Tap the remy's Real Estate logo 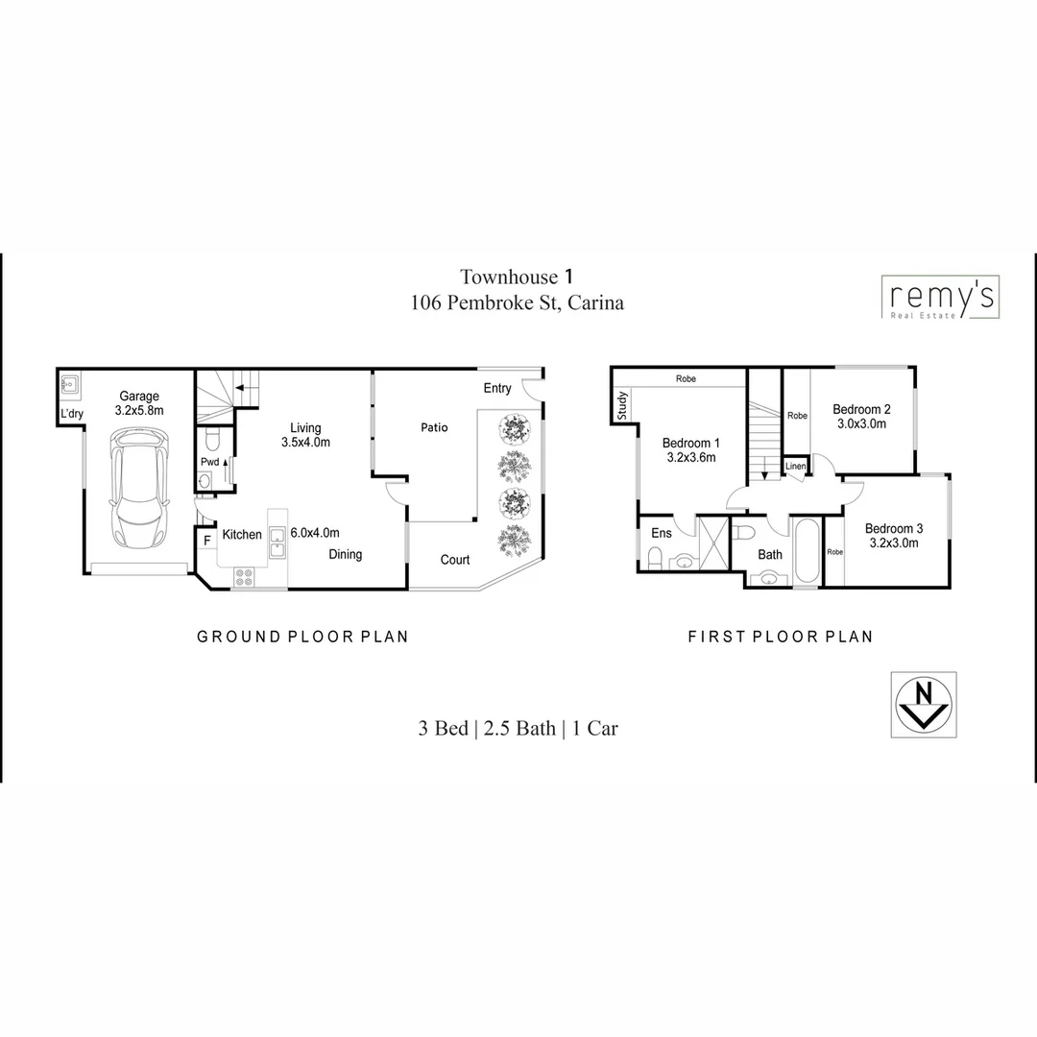[940, 297]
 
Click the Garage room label [139, 396]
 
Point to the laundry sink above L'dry [69, 387]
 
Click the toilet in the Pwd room [213, 439]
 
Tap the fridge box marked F [207, 541]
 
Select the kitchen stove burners [244, 578]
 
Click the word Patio [434, 427]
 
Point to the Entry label [497, 388]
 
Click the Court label [455, 560]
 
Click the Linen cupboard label [795, 467]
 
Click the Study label [622, 405]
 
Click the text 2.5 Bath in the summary [519, 728]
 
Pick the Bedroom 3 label [893, 528]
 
